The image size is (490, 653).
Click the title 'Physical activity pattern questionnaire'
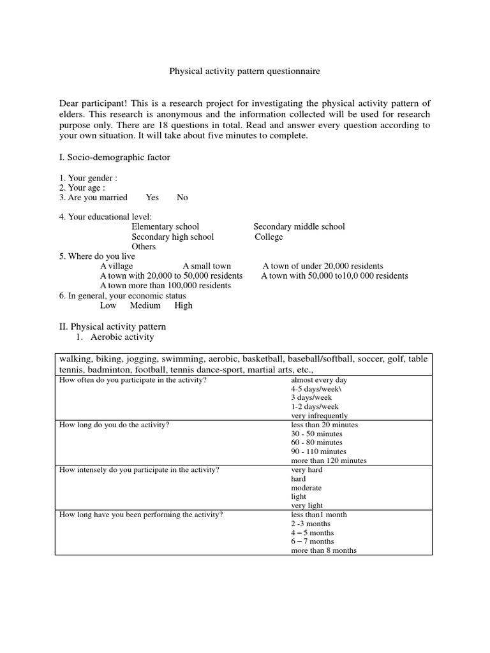point(244,72)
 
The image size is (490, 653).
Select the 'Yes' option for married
point(152,198)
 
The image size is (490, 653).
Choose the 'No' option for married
point(182,198)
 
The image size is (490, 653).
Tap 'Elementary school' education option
point(165,227)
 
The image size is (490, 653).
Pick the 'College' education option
point(269,237)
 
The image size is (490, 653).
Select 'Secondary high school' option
point(173,237)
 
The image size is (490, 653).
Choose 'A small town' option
point(207,266)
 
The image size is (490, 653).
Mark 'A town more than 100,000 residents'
point(165,286)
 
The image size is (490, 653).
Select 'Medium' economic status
point(145,305)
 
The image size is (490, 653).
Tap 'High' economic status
point(183,305)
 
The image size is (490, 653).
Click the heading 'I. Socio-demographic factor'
point(115,157)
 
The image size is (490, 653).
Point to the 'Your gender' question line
point(88,178)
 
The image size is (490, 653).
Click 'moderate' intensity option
point(306,488)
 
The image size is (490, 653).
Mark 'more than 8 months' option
point(323,550)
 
